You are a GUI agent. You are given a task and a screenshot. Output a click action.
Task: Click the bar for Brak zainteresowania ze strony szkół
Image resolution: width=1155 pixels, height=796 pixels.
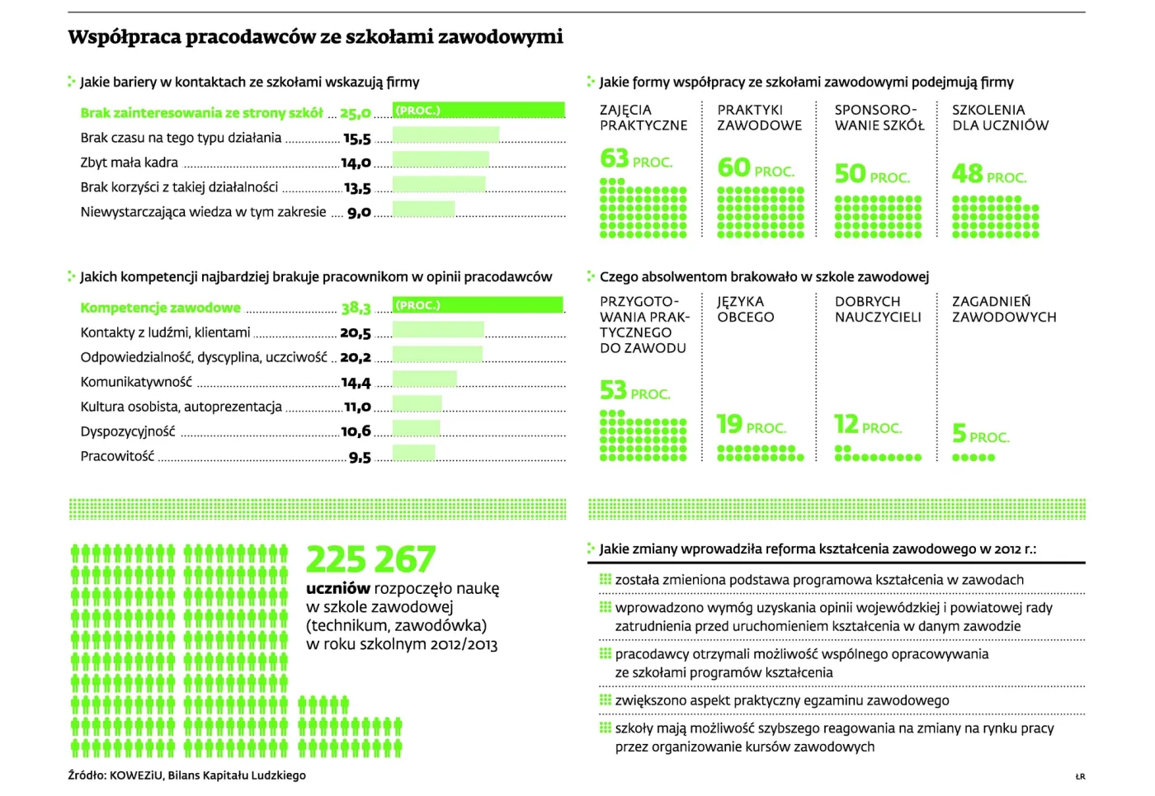tap(478, 110)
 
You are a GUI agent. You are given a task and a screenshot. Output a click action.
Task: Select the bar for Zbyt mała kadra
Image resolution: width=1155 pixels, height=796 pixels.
tap(441, 159)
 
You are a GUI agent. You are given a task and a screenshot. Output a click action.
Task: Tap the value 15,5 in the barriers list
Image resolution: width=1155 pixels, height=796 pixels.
tap(356, 139)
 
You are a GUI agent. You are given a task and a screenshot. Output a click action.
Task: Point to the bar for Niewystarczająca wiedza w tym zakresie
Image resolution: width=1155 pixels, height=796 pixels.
tap(423, 209)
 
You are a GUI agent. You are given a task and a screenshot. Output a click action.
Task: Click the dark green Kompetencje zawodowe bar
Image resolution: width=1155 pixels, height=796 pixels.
tap(478, 304)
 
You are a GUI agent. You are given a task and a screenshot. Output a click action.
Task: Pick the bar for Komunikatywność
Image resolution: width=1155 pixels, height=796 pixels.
tap(424, 379)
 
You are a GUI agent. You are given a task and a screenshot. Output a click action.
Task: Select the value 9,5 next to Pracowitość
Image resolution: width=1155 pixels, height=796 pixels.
tap(360, 457)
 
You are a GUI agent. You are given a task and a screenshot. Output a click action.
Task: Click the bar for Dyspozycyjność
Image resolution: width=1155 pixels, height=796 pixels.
tap(416, 428)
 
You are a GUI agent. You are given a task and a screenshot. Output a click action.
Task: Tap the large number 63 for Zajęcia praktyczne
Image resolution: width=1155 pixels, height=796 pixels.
tap(614, 158)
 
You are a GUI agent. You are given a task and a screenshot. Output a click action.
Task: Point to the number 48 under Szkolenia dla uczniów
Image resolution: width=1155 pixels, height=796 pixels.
tap(967, 174)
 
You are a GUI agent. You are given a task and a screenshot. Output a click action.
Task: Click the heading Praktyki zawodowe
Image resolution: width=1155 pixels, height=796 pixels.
tap(759, 117)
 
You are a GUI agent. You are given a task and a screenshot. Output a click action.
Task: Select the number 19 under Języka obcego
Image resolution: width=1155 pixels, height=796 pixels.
tap(729, 424)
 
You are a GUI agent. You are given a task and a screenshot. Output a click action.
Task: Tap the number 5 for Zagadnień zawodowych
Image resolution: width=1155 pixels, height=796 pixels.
tap(959, 433)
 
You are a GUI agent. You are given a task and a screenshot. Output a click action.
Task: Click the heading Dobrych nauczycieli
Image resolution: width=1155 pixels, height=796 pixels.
tap(878, 309)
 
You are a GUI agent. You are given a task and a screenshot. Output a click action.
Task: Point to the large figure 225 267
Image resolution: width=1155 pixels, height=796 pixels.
tap(370, 559)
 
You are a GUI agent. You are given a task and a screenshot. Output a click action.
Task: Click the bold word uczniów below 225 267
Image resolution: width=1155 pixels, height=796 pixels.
tap(338, 588)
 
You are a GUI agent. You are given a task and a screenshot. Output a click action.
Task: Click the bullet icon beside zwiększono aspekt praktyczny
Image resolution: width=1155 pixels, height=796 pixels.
tap(606, 699)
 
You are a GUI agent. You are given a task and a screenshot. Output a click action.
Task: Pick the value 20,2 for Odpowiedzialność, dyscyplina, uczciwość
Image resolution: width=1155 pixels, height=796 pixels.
tap(356, 357)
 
